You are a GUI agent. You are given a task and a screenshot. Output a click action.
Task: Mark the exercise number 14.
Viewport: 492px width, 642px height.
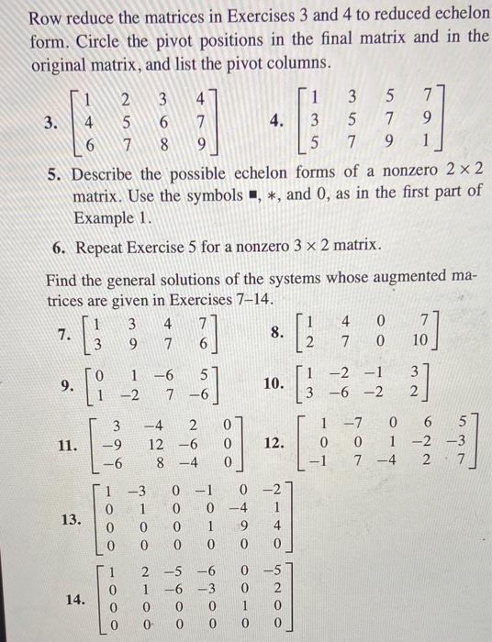click(70, 602)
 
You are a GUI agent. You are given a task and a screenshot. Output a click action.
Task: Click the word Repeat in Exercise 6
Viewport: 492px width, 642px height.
click(108, 247)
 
